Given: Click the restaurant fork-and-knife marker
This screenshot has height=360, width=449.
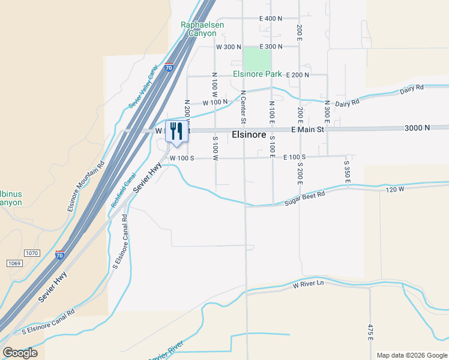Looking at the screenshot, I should tap(176, 131).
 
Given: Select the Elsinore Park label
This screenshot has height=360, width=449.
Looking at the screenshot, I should tap(258, 74).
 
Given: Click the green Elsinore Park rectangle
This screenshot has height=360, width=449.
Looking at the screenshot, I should tap(256, 59).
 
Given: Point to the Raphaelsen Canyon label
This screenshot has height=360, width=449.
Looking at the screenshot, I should tap(199, 29).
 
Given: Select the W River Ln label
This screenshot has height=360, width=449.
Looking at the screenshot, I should tap(308, 283).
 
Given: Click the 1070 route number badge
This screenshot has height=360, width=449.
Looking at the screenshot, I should tap(32, 253).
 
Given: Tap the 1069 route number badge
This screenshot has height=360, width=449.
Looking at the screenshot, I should tap(15, 263).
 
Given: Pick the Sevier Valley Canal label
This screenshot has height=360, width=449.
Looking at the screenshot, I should tap(143, 87).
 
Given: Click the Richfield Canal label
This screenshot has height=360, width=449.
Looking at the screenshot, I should tap(124, 191).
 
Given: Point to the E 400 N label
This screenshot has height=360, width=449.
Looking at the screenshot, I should tap(271, 19).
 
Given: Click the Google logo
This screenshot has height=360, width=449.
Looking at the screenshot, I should tap(20, 353).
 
